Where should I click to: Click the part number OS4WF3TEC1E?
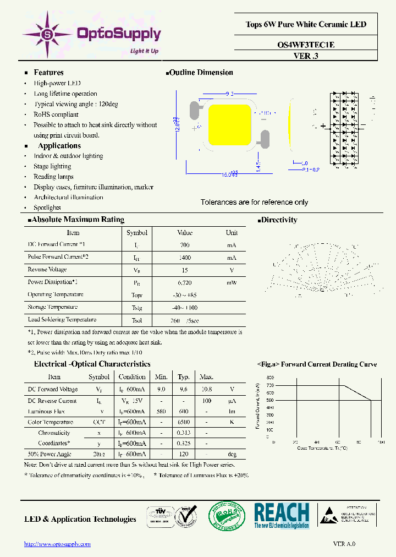coord(306,45)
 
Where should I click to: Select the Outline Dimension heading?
coord(201,73)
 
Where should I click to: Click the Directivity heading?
coord(279,220)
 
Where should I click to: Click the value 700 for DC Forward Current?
coord(185,244)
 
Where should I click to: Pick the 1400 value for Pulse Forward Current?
coord(185,257)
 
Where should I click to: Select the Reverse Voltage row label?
coord(47,270)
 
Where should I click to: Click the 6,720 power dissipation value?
coord(185,282)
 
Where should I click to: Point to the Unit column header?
coord(232,233)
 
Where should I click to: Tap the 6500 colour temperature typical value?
coord(184,422)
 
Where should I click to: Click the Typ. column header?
coord(184,377)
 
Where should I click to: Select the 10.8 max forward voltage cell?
coord(206,389)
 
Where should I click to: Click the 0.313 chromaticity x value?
coord(184,433)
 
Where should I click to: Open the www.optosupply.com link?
coord(57,544)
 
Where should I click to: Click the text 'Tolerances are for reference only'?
coord(254,203)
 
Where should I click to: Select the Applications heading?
coord(59,146)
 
